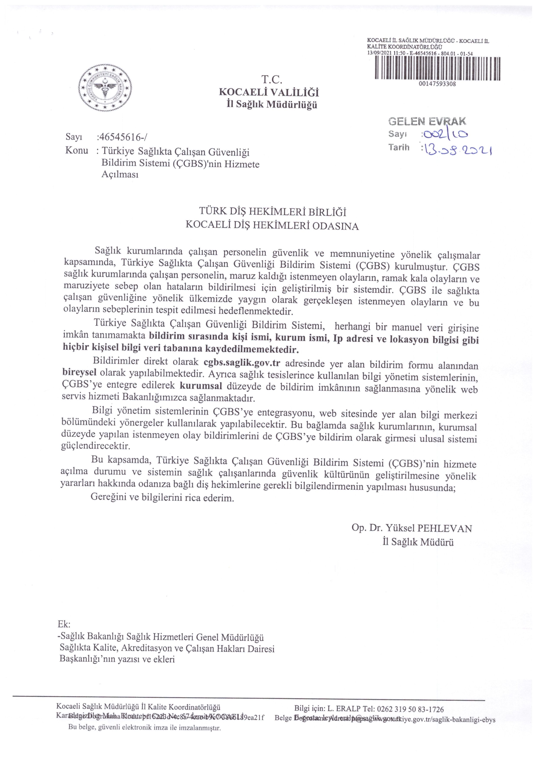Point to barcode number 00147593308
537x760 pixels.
click(x=437, y=84)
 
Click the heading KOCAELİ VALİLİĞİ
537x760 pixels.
click(x=269, y=92)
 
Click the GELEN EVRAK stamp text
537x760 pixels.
click(x=427, y=122)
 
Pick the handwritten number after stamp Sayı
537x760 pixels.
click(x=445, y=134)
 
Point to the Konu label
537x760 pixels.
click(x=77, y=151)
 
